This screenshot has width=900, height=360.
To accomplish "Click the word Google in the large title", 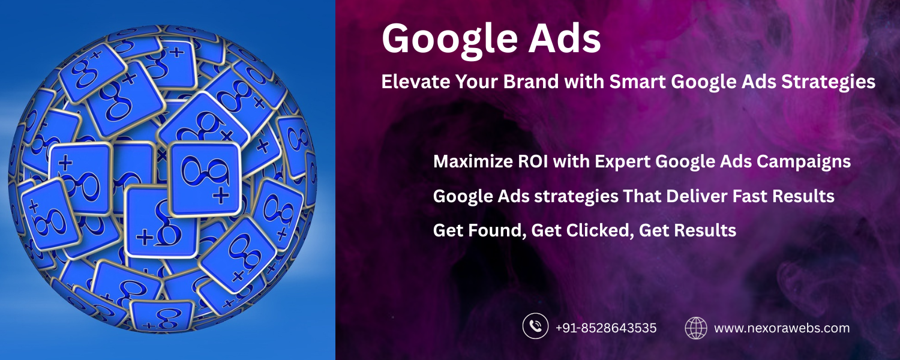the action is [449, 41].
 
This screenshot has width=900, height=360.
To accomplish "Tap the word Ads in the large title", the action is [565, 38].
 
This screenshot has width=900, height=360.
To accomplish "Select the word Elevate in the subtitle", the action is [416, 82].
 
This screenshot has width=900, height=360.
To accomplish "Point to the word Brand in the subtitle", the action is [531, 82].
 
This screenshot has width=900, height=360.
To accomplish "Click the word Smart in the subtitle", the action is [638, 82].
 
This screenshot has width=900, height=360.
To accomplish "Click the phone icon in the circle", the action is [535, 326].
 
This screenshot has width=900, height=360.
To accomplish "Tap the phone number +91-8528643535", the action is [606, 328].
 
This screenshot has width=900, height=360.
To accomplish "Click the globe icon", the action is [696, 328].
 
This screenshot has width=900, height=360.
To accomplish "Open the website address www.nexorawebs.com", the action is [782, 328].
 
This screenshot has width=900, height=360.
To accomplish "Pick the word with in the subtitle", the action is [584, 82].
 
